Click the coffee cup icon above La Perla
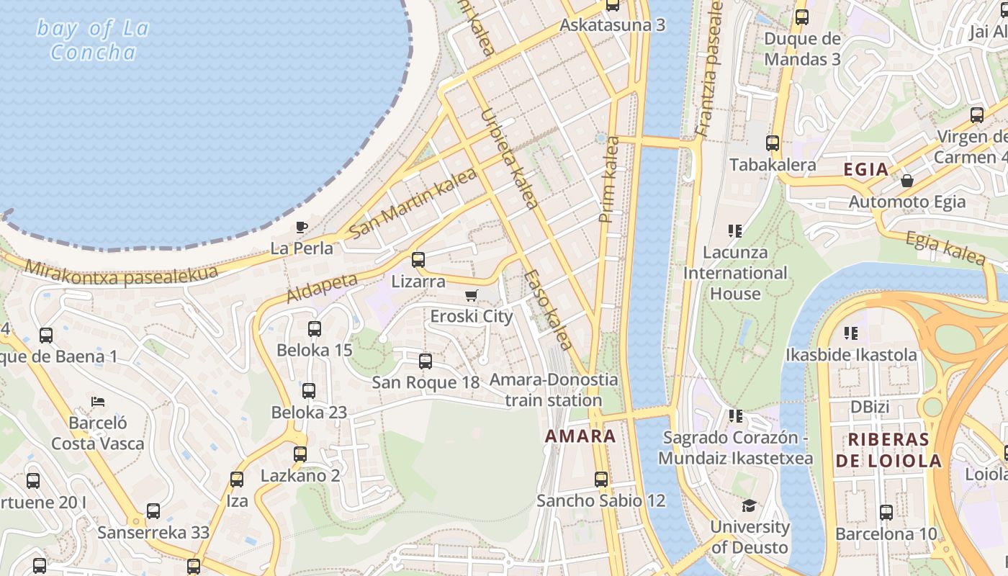point(302,228)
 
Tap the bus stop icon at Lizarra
point(418,260)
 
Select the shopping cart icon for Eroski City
point(472,295)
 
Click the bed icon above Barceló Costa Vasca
point(98,401)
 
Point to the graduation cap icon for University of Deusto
point(750,505)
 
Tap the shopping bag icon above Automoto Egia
point(907,180)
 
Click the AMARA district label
point(580,436)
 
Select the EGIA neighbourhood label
point(865,170)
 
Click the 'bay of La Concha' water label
point(93,40)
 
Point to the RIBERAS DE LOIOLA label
point(888,451)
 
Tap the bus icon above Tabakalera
point(773,143)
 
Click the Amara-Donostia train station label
point(554,390)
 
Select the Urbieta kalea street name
point(508,158)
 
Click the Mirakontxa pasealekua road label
point(121,273)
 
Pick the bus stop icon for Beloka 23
point(309,391)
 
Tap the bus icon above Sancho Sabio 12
point(601,479)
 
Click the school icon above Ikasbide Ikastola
point(851,333)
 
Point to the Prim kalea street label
point(609,180)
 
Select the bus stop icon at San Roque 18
point(426,361)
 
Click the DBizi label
point(870,407)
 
